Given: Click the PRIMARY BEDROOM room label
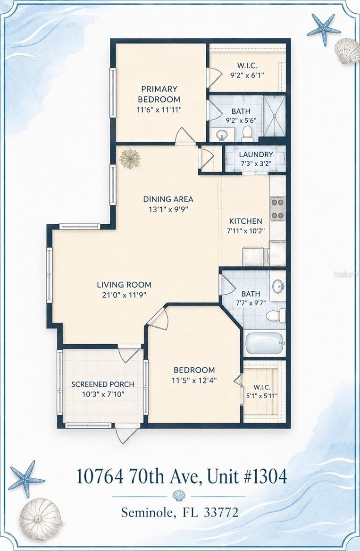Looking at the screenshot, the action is tap(159, 94).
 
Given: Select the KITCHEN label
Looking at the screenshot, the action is tap(245, 221).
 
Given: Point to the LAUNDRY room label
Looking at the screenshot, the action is tap(256, 154).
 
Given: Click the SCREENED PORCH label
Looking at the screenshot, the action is tap(102, 384).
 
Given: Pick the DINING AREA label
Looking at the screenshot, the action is tap(168, 199).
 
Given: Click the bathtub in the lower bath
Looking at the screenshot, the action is tap(265, 343).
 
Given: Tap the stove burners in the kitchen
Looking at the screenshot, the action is tap(277, 209).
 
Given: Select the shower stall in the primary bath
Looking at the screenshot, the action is tap(274, 116).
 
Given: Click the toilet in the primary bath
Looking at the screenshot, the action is tap(247, 132).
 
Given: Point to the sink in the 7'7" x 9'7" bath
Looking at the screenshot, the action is tap(278, 286).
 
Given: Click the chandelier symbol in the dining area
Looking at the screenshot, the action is tap(130, 159).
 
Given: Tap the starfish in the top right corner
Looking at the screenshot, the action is tap(324, 29).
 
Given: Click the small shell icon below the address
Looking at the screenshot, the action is tap(179, 496).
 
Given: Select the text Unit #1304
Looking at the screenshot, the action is tap(247, 477).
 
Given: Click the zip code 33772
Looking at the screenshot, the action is tap(221, 512).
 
